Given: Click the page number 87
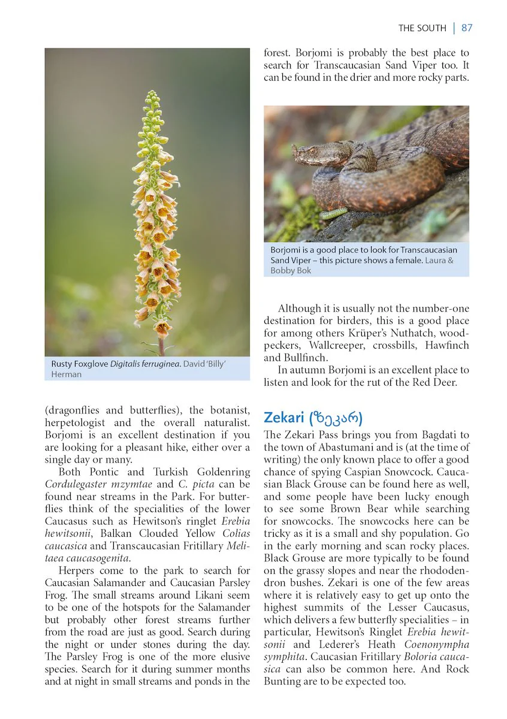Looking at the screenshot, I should click(467, 28).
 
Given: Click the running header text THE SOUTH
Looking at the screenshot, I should click(422, 28).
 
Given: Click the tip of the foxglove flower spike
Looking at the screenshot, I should click(153, 94).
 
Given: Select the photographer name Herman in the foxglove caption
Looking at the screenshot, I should click(66, 374).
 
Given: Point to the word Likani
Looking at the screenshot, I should click(195, 595).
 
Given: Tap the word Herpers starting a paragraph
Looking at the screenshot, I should click(76, 570).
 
